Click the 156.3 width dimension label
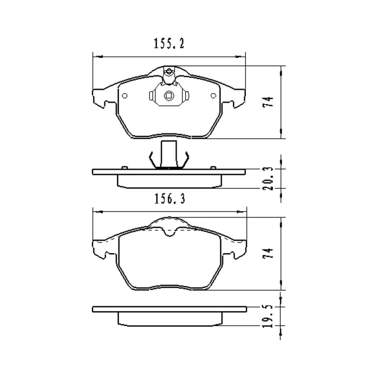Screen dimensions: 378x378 [x=170, y=199]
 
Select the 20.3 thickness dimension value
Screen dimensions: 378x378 [x=268, y=178]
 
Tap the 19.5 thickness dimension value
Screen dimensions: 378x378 [x=268, y=316]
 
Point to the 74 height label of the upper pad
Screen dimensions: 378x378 [x=268, y=102]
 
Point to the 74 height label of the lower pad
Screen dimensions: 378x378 [x=268, y=253]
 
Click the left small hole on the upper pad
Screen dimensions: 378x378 [x=125, y=96]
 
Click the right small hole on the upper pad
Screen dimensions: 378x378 [x=213, y=96]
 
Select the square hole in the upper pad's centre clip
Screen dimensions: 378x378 [x=169, y=96]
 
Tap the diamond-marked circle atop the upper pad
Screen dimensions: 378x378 [x=169, y=71]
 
